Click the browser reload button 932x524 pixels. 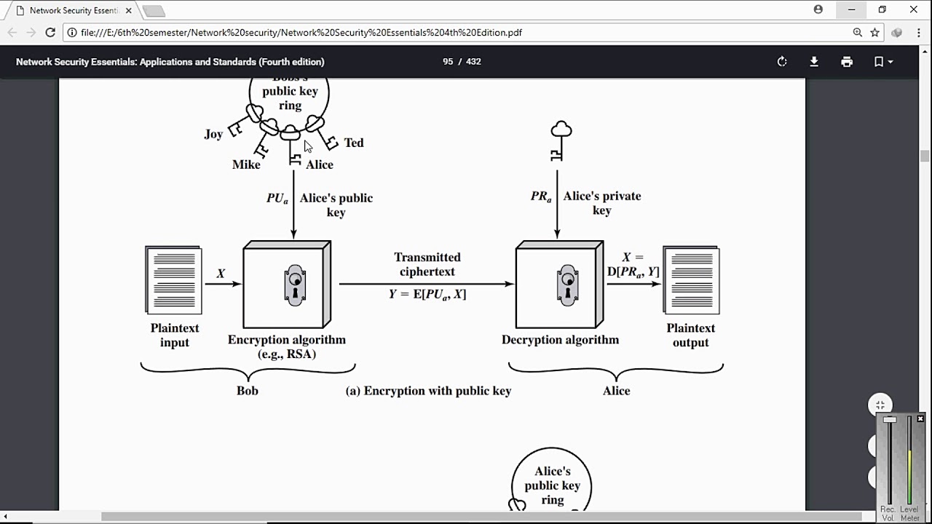tap(50, 32)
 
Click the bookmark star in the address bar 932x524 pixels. tap(874, 32)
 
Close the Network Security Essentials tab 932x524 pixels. tap(128, 10)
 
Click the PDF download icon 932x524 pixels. tap(814, 62)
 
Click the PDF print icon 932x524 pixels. tap(846, 62)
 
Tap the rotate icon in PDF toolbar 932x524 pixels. tap(782, 62)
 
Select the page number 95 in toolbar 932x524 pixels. tap(448, 62)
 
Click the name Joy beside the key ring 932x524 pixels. tap(213, 134)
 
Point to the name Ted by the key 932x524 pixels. tap(354, 143)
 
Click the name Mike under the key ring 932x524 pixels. tap(246, 164)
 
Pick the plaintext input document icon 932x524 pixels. tap(174, 279)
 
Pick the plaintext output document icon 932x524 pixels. tap(691, 279)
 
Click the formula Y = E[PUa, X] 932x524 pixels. tap(427, 294)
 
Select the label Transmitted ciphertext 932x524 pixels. tap(427, 264)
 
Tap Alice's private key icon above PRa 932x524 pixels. tap(560, 140)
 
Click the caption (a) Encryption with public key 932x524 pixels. tap(428, 391)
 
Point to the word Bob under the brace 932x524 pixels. tap(248, 391)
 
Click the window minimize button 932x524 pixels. tap(851, 10)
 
